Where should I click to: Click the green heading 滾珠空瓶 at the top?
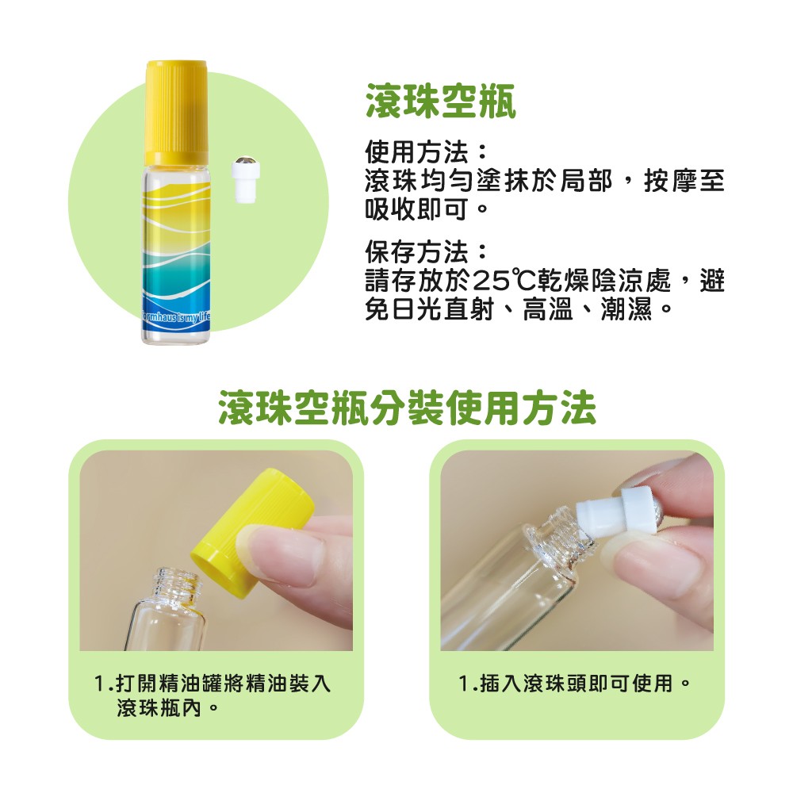pos(441,102)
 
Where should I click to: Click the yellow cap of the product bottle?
pos(176,112)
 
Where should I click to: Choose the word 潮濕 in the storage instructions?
pos(626,308)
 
